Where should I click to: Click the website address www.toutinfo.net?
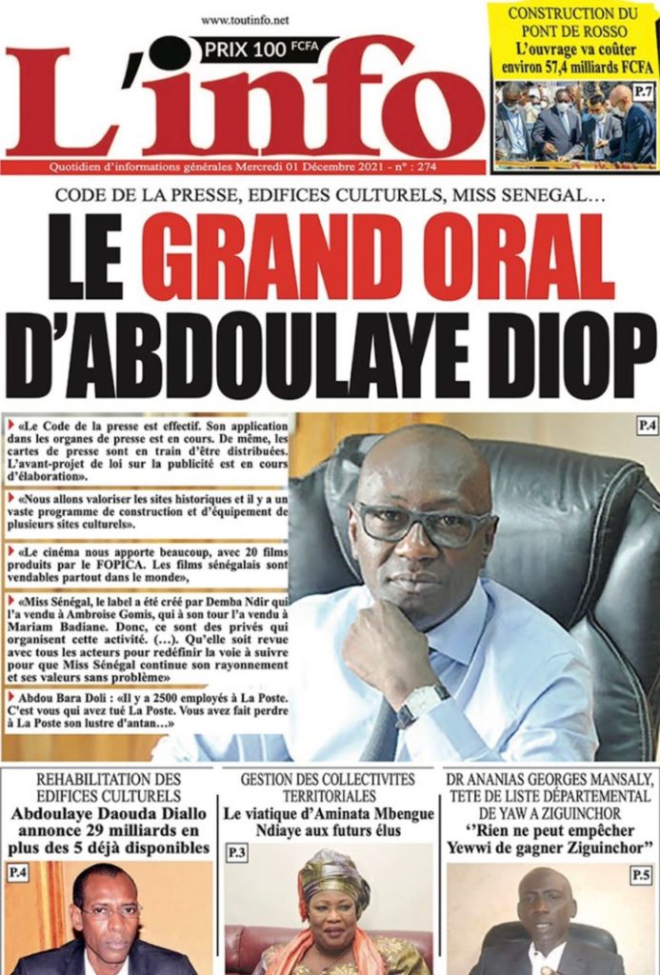[x=245, y=19]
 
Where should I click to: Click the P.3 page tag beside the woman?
[x=236, y=853]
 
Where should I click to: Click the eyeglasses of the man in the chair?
[x=421, y=524]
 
